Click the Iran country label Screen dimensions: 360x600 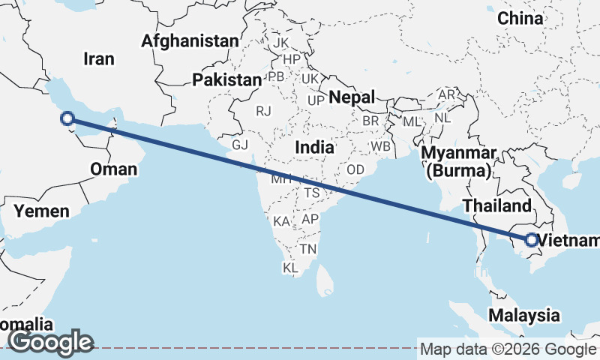point(99,58)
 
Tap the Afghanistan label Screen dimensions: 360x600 point(190,40)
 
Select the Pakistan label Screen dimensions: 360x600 point(226,79)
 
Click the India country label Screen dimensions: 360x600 point(314,147)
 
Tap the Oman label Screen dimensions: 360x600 point(113,169)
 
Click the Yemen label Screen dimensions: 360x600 point(42,211)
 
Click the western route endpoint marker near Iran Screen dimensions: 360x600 point(67,118)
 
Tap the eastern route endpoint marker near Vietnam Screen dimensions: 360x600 point(530,240)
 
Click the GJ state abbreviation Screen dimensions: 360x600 point(240,145)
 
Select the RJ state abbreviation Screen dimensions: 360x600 point(263,111)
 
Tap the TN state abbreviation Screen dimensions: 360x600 point(308,248)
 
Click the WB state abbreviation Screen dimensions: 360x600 point(380,146)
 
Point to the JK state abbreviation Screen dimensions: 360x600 point(281,42)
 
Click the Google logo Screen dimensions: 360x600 point(50,343)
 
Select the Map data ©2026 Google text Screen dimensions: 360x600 point(508,349)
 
